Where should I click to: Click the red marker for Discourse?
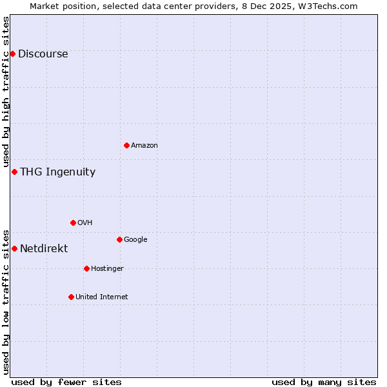[12, 54]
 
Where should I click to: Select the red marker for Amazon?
[126, 145]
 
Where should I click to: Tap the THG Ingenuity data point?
[14, 172]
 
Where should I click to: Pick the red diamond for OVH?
[73, 223]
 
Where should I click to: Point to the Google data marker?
[119, 239]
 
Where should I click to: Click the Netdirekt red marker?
[14, 248]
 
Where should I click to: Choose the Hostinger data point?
[86, 268]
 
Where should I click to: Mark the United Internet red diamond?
[71, 297]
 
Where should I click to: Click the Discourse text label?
[43, 54]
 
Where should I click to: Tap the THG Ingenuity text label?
[57, 172]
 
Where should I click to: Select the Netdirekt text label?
[44, 249]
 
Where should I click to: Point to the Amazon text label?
[144, 146]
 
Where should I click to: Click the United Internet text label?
[101, 297]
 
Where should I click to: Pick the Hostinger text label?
[107, 269]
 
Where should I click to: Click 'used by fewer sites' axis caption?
[66, 382]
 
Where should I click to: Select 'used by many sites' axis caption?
[324, 382]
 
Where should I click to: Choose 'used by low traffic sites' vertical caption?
[6, 302]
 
